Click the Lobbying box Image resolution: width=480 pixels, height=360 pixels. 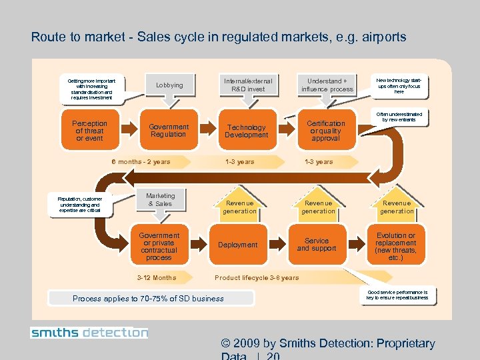point(169,85)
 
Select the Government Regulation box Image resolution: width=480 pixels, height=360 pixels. point(169,131)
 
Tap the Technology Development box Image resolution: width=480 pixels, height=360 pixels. point(246,131)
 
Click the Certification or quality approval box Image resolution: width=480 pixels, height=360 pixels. point(325,131)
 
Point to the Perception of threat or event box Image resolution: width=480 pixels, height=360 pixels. point(89,131)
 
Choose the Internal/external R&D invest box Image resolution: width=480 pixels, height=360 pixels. point(248,85)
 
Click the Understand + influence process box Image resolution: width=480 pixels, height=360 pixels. point(327,85)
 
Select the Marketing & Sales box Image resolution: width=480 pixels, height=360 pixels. point(160,200)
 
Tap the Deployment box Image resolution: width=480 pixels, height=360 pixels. point(237,245)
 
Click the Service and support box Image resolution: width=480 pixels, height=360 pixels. point(317,245)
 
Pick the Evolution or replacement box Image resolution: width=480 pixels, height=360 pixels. point(396,247)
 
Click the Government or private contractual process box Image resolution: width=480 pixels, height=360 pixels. point(159,247)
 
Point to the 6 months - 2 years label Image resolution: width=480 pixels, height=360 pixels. point(141,161)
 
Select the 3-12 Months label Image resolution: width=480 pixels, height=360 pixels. point(156,277)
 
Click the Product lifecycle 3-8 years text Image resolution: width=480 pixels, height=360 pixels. point(257,277)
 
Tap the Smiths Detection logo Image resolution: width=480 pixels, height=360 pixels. point(89,332)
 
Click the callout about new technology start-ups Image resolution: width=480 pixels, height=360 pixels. point(399,85)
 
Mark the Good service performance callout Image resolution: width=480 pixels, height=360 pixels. point(397,295)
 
